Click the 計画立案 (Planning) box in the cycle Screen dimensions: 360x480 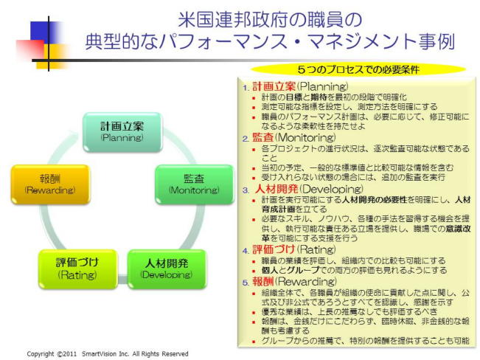[122, 131]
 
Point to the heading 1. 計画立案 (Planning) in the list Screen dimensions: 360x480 [295, 86]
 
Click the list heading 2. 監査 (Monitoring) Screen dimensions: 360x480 [289, 137]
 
